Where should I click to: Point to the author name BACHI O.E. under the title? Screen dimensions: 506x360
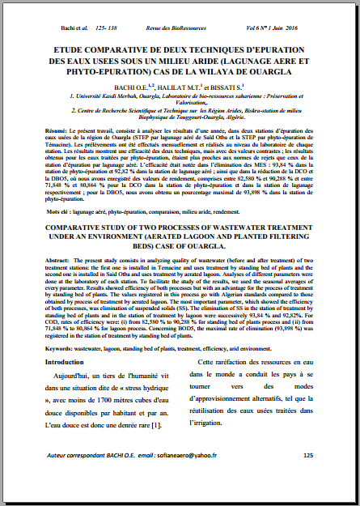128,85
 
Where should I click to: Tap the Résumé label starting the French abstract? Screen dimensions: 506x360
57,130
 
